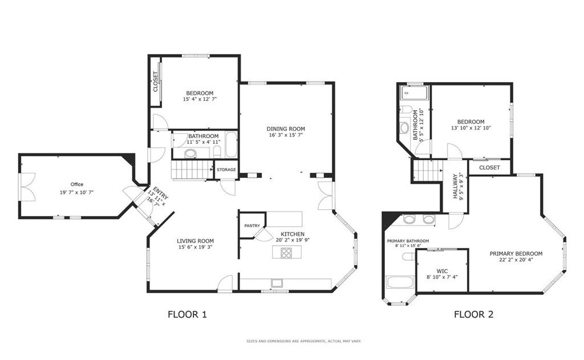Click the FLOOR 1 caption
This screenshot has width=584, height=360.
point(187,314)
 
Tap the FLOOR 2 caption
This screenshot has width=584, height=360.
point(473,314)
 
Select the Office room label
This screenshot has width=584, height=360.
point(77,184)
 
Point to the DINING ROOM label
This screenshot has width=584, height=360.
point(286,129)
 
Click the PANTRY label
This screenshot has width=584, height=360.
point(252,226)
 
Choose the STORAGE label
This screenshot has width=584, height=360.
point(226,169)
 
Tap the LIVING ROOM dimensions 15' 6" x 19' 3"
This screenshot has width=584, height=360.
point(195,246)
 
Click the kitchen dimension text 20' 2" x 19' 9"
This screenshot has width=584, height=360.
point(293,240)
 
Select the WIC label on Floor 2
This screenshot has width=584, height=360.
point(442,272)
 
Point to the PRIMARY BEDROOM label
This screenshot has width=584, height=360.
point(516,254)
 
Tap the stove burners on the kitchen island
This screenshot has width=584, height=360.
point(286,253)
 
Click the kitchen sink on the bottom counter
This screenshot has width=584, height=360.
point(277,283)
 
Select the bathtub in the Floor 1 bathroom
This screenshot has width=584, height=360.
point(231,144)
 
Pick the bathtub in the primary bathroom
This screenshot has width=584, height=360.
point(400,282)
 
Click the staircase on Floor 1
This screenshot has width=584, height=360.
point(192,169)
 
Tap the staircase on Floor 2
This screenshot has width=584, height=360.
point(428,170)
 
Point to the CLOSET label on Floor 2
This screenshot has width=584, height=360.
point(489,168)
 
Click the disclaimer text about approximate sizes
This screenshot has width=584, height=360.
point(303,341)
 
